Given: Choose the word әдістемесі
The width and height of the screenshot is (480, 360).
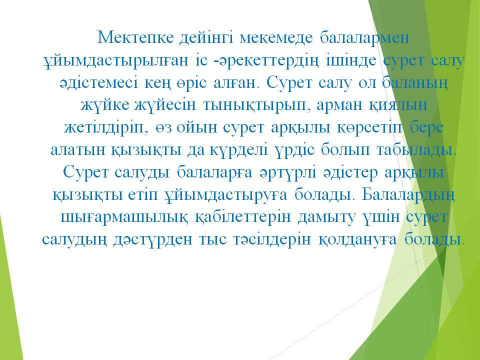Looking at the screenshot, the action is (98, 82).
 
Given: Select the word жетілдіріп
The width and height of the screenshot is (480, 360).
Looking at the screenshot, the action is (103, 128).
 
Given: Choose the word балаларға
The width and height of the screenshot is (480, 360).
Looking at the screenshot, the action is (214, 173).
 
